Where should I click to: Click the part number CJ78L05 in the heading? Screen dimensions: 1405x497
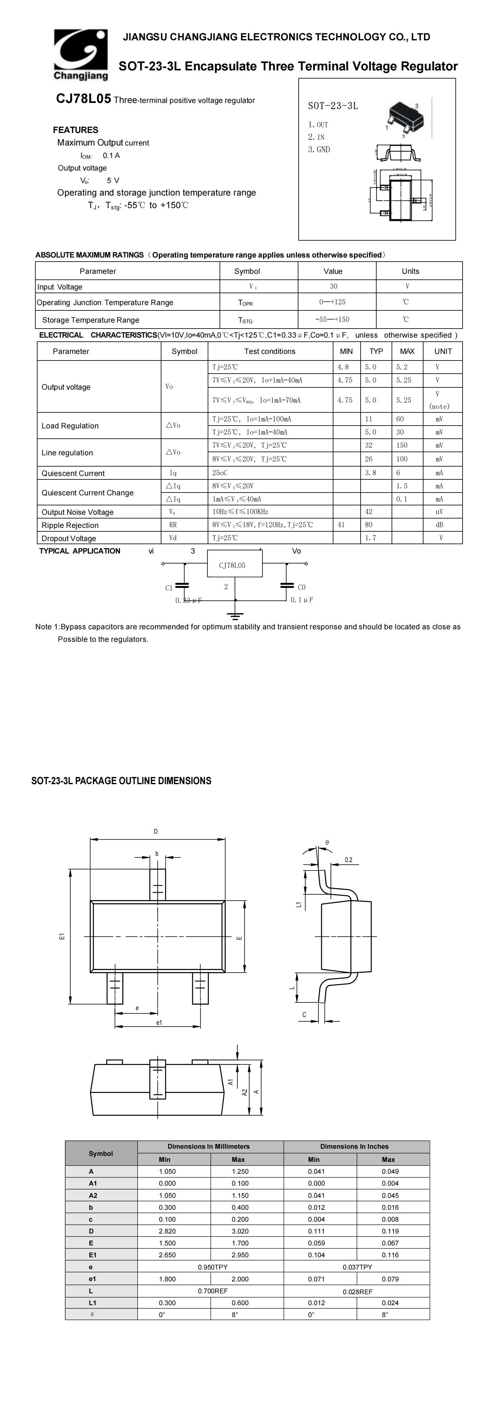(84, 99)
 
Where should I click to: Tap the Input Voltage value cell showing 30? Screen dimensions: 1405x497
(333, 286)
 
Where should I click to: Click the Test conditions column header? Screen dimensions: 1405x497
(270, 351)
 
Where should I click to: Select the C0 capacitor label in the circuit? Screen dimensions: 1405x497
(302, 587)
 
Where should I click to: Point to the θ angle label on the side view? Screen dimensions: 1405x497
(327, 843)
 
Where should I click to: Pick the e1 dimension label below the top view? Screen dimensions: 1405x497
(159, 1023)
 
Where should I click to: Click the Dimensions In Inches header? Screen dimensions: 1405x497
(354, 1147)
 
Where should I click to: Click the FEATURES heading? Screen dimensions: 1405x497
(76, 130)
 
